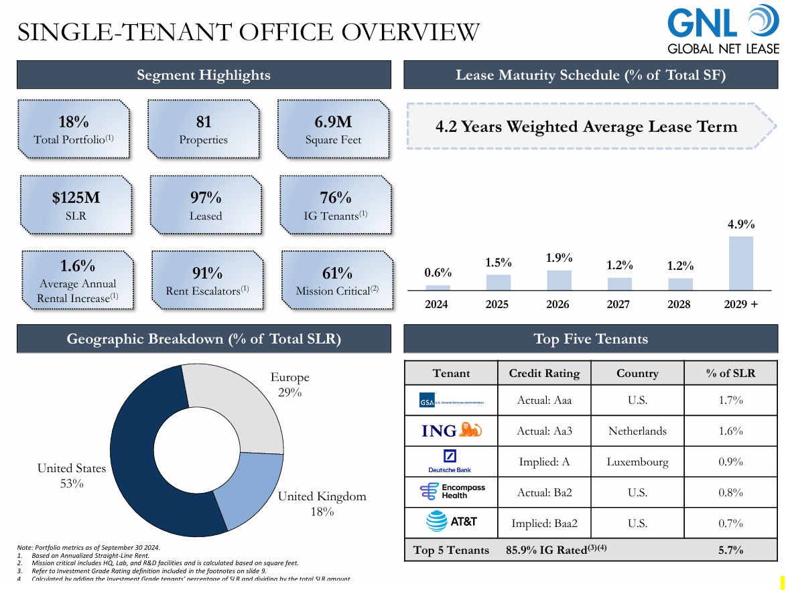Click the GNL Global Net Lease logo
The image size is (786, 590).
(x=723, y=29)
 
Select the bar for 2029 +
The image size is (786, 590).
(x=740, y=263)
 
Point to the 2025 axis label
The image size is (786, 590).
(x=497, y=305)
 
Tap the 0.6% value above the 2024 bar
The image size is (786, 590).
(x=438, y=273)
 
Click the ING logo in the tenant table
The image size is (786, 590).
(x=450, y=431)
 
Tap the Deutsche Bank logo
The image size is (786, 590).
(x=450, y=461)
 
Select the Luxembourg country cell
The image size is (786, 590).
(x=637, y=462)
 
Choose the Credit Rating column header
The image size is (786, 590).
(x=544, y=374)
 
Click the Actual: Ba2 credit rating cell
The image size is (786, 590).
(x=544, y=493)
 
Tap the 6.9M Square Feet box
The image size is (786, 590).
(x=333, y=129)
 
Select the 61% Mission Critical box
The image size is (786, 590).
(x=337, y=281)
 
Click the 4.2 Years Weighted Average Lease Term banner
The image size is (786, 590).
(x=586, y=127)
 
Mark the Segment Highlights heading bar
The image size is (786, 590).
(x=204, y=75)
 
